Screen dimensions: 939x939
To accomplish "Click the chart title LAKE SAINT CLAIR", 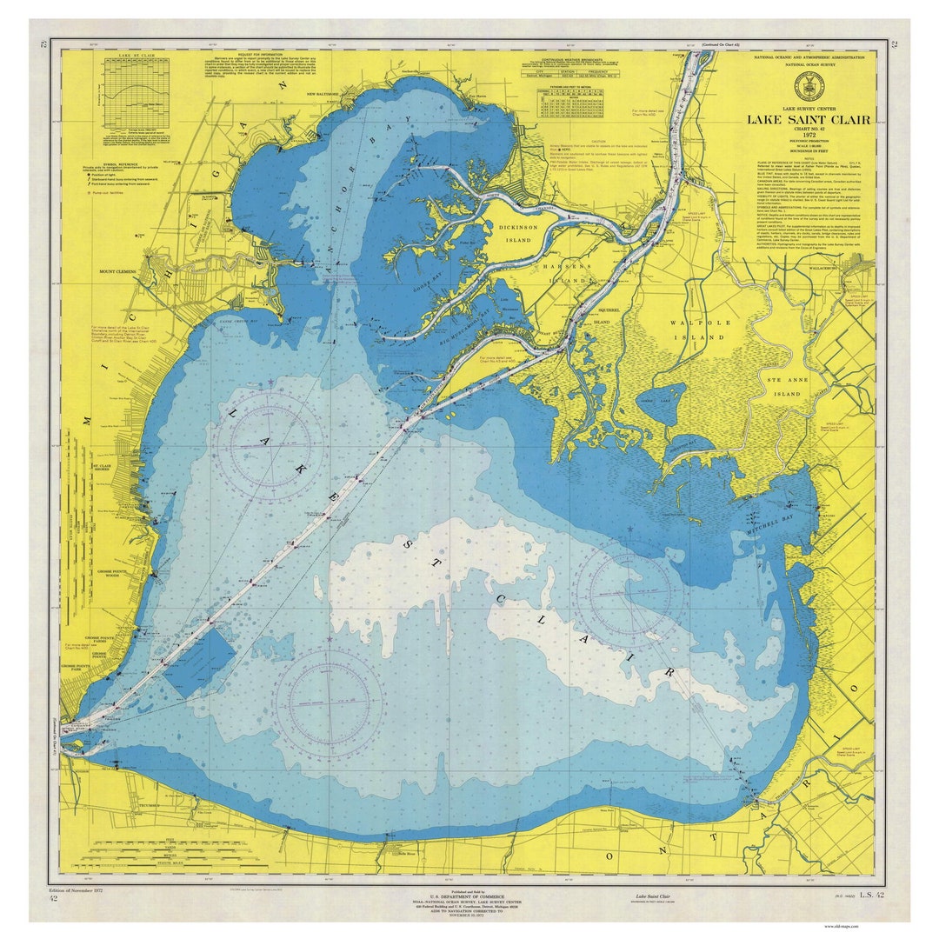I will [x=806, y=120].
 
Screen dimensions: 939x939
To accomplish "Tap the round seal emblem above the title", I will [x=805, y=85].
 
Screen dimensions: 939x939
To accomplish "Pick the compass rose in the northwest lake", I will [x=269, y=443].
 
